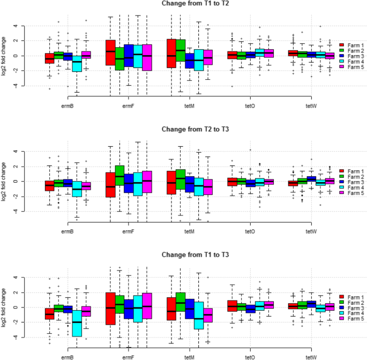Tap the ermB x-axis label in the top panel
point(68,106)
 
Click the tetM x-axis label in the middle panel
point(189,231)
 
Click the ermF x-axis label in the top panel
point(128,106)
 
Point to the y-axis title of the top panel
point(4,55)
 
